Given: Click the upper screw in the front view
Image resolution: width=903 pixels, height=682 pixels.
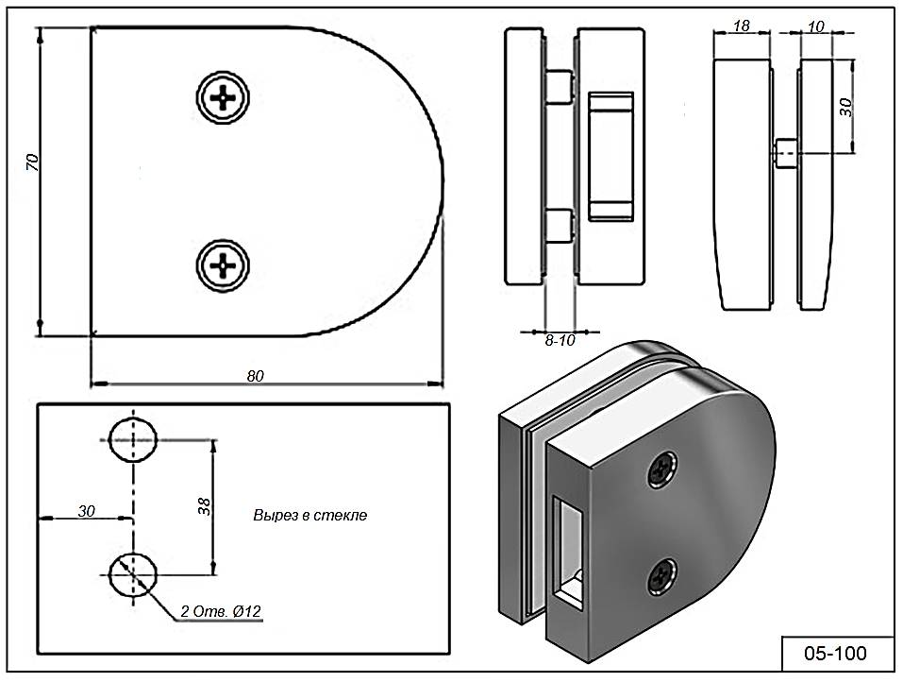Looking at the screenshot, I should coord(225,97).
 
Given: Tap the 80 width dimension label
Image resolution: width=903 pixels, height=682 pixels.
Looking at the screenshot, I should coord(255,375).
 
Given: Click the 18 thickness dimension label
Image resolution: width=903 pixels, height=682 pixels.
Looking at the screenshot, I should coord(742,26).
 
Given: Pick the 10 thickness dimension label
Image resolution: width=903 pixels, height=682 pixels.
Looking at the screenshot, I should coord(816,26).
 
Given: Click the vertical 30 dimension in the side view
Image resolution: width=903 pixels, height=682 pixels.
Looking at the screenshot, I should coord(845,106).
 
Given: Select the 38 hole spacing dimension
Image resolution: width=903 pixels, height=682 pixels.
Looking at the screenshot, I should coord(205,506).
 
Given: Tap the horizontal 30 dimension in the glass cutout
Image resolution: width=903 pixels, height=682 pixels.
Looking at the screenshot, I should coord(86,511).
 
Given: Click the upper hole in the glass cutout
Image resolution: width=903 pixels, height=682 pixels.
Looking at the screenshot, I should coord(133,440).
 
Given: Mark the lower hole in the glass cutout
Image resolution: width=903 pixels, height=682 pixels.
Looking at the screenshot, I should coord(133,572).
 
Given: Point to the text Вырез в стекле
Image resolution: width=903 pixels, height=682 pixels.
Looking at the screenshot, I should coord(309,516).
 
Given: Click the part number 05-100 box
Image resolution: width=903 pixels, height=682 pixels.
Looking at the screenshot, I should coord(834,653).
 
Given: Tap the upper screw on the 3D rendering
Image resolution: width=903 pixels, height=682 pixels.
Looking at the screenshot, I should coord(663,467).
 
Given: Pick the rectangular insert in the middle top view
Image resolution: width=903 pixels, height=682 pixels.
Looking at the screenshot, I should coord(610,157).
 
